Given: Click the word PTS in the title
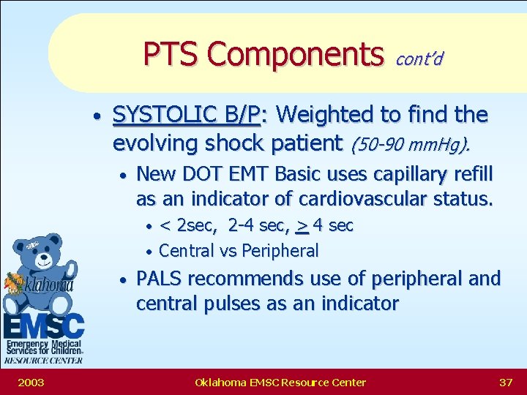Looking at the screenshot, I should click(171, 53).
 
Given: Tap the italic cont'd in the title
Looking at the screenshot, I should click(419, 59).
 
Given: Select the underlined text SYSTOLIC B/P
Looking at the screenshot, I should click(187, 115).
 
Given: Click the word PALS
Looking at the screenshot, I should click(161, 279).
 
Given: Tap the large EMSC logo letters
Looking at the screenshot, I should click(43, 325).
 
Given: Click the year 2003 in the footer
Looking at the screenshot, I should click(31, 382).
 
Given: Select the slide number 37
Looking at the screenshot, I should click(505, 382).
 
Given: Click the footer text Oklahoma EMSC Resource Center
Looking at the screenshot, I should click(280, 382).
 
